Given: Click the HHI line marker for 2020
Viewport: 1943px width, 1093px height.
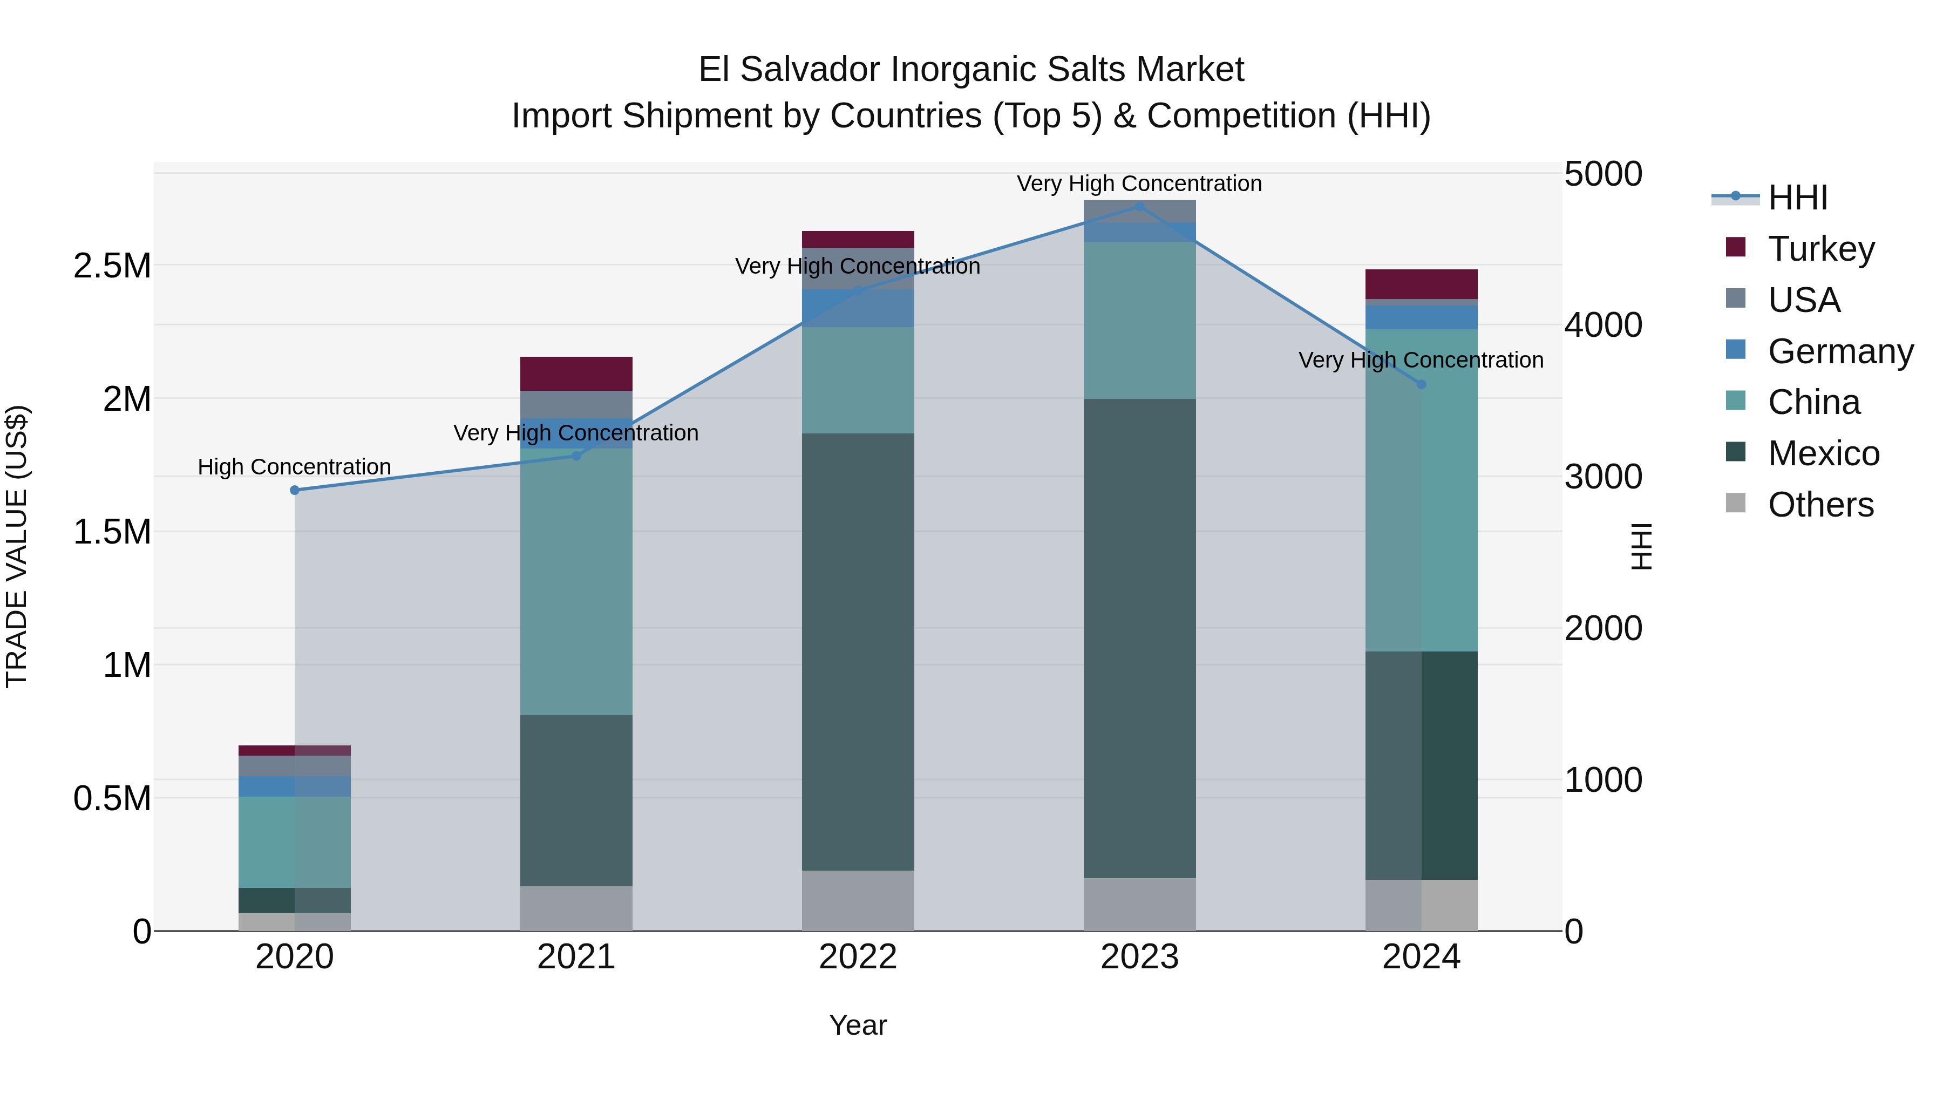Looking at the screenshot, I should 295,490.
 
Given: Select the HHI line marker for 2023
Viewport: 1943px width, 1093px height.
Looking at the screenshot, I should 1140,206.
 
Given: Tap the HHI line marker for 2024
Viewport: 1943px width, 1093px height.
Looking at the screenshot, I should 1421,385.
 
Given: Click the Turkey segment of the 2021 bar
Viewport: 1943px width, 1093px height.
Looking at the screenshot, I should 576,374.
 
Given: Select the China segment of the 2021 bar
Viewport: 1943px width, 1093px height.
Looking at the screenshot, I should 576,581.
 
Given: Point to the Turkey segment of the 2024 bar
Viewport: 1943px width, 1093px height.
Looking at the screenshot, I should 1421,284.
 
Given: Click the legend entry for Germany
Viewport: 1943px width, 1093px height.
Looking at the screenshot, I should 1840,351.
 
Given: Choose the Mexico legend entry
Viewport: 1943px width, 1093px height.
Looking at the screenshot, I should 1823,453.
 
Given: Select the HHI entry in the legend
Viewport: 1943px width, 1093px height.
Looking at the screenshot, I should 1797,198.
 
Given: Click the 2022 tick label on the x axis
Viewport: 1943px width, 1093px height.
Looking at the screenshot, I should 858,957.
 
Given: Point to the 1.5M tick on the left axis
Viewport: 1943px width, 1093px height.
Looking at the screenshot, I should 112,532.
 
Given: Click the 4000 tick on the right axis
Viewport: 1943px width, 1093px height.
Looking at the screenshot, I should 1603,325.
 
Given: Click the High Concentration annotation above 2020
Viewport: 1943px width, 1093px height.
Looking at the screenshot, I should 294,467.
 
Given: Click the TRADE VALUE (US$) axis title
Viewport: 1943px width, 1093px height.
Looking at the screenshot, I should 17,546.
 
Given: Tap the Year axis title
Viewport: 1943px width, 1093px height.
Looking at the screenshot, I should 858,1025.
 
